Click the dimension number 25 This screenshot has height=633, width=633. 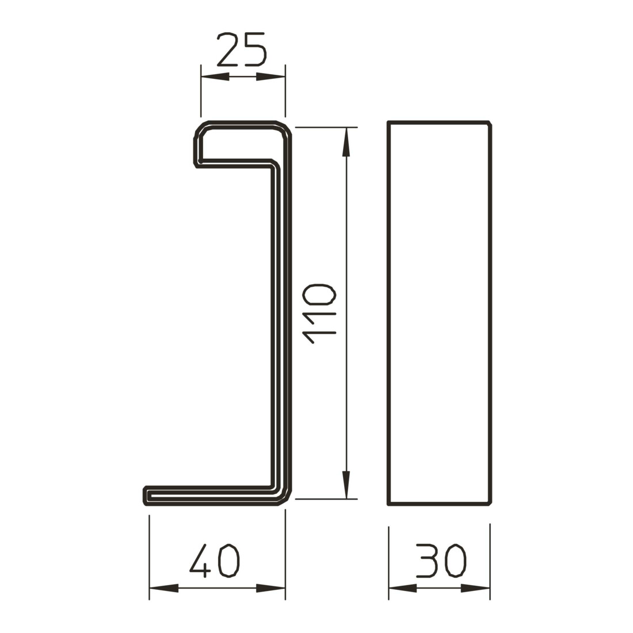coord(242,49)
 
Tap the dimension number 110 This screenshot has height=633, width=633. coord(320,314)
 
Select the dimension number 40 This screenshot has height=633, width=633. coord(215,560)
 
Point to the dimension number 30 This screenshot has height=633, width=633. coord(441,560)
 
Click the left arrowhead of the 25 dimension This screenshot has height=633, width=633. coord(215,77)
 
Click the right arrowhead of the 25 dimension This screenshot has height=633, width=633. coord(271,77)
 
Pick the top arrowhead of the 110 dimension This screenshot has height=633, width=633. coord(346,142)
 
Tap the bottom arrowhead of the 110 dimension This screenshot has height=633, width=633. coord(346,485)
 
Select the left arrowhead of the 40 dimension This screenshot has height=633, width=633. coord(163,588)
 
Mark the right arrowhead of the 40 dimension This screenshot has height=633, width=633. coord(271,588)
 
